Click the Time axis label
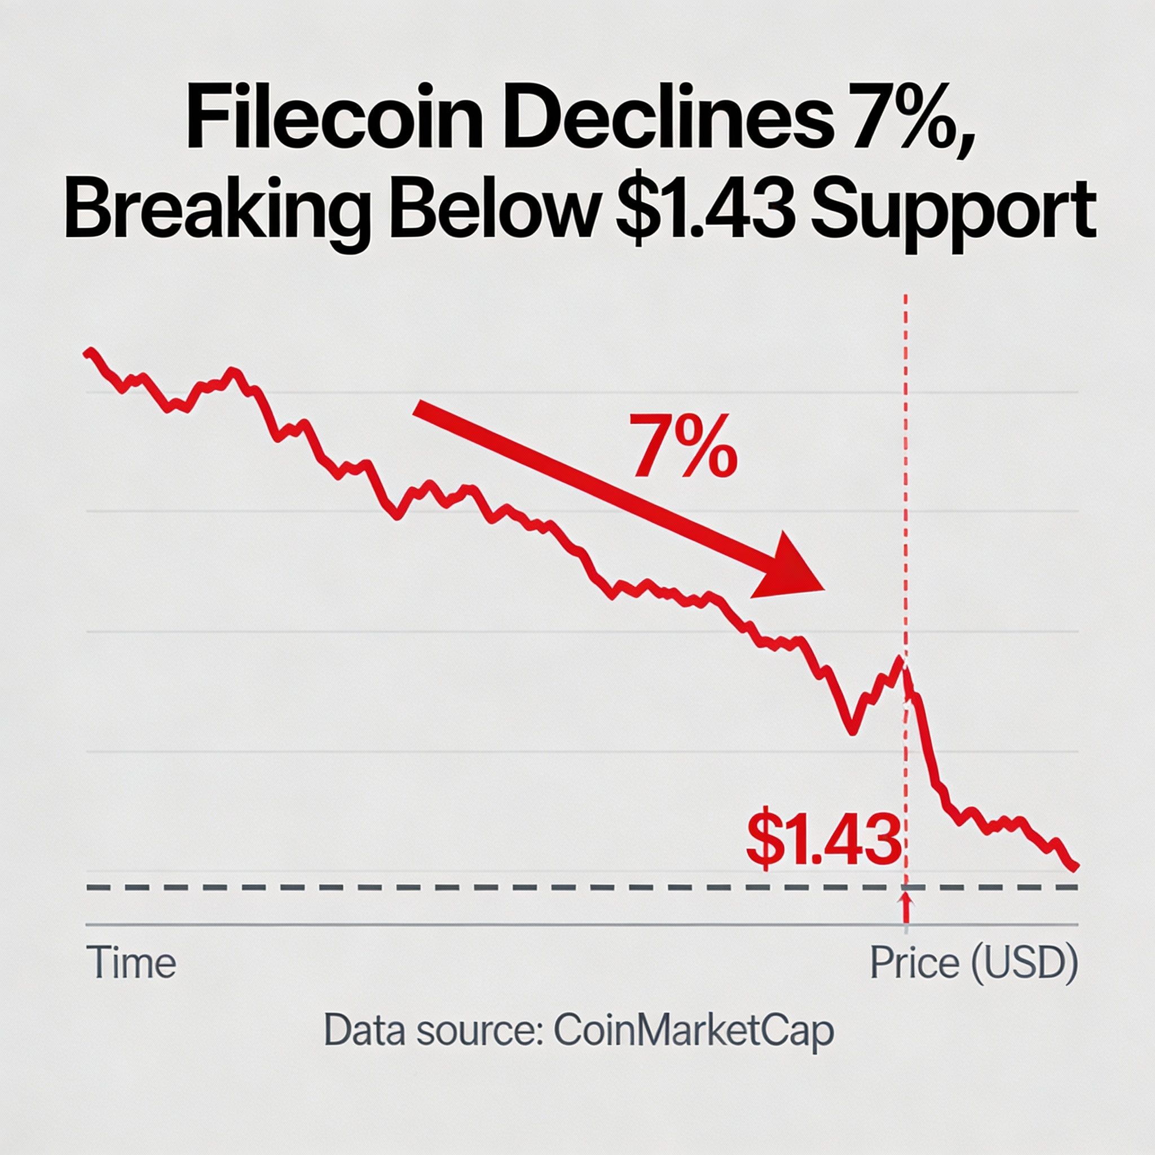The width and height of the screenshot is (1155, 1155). coord(131,963)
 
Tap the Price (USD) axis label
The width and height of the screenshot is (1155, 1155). coord(973,963)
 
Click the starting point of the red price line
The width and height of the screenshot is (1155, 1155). coord(89,352)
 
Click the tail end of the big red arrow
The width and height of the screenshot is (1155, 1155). coord(418,408)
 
